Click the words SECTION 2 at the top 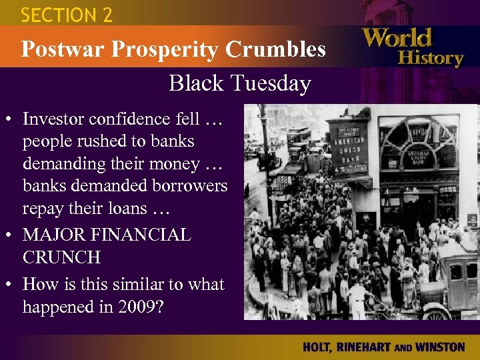pos(67,15)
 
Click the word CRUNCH pos(61,257)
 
